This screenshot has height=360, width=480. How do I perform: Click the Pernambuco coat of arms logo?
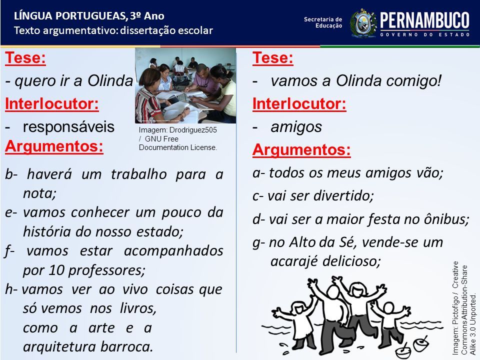click(x=363, y=23)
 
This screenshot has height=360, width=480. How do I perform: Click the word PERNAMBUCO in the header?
click(x=424, y=20)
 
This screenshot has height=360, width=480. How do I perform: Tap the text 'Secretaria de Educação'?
click(x=323, y=22)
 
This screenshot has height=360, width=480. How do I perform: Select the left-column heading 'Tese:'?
click(x=25, y=57)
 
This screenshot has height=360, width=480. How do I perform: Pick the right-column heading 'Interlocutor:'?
click(x=299, y=103)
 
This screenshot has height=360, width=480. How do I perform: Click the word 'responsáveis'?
click(x=68, y=126)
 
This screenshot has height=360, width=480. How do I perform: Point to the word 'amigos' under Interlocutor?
click(x=296, y=127)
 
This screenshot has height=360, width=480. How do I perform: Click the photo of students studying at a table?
click(x=185, y=85)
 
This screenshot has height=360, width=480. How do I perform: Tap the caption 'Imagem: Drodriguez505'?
click(x=177, y=130)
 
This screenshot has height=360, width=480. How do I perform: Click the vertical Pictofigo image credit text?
click(x=464, y=307)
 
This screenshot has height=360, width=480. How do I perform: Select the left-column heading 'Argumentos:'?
click(x=54, y=146)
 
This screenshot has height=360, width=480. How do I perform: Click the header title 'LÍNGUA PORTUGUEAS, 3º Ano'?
click(x=89, y=16)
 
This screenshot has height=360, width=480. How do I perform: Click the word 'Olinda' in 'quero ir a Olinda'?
click(x=110, y=81)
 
